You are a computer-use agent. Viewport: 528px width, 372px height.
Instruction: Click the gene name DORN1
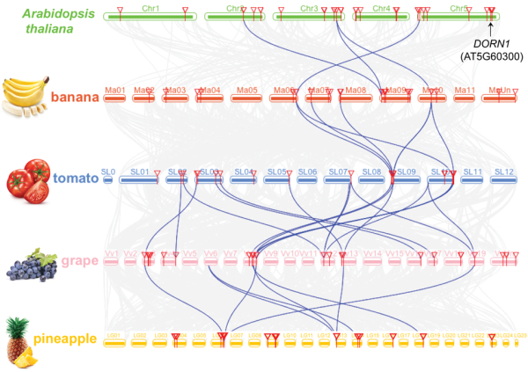pos(489,43)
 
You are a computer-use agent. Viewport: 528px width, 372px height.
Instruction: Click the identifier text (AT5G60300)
pos(491,56)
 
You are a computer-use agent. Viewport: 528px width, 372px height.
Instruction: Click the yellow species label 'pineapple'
pos(67,339)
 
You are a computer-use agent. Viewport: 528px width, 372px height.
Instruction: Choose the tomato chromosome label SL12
pos(503,171)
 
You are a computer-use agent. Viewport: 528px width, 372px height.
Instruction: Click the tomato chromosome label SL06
pos(307,171)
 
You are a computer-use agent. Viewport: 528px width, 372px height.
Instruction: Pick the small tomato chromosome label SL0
pos(108,171)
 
